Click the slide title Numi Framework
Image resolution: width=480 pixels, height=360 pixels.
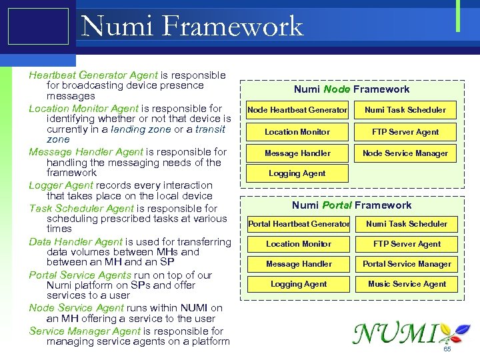(191, 27)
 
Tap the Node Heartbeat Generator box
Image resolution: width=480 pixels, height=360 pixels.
(297, 110)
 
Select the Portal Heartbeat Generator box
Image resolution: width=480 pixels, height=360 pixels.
(299, 224)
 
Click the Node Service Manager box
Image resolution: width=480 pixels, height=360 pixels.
(405, 153)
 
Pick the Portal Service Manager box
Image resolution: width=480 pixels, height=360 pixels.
(407, 264)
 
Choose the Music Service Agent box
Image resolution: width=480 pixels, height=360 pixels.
(407, 284)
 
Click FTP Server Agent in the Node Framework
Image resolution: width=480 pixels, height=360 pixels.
(405, 132)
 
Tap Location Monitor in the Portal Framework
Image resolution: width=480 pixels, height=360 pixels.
(299, 244)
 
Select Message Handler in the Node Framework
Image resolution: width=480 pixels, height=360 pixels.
(297, 153)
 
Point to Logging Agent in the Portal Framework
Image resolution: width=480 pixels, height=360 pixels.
(299, 284)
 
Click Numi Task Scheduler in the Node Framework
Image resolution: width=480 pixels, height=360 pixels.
(405, 110)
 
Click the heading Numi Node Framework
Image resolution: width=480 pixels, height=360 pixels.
(351, 89)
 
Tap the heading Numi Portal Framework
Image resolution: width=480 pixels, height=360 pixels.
(351, 205)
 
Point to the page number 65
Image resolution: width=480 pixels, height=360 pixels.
(447, 349)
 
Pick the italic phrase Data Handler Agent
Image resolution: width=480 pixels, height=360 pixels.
(75, 242)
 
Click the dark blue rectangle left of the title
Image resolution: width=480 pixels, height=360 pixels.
(38, 27)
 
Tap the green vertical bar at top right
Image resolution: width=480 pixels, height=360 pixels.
(458, 16)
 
